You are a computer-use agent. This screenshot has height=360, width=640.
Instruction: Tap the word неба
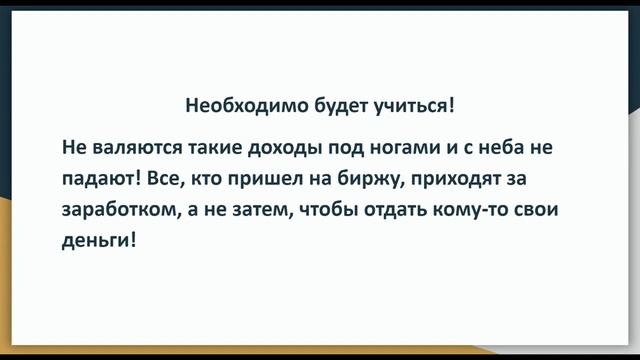click(x=507, y=148)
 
